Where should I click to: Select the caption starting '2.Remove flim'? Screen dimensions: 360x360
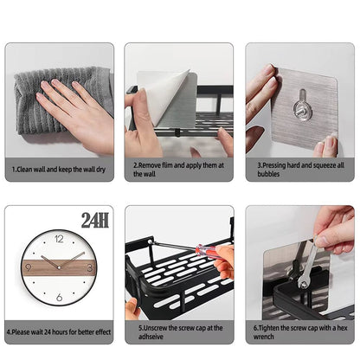point(179,168)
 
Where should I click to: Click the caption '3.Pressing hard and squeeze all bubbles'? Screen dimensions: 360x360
point(299,168)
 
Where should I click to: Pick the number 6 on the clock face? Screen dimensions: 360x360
point(59,297)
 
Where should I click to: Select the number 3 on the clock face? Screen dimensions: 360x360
point(91,266)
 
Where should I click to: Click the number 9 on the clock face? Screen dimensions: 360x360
point(28,266)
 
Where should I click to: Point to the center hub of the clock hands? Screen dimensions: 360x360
point(59,266)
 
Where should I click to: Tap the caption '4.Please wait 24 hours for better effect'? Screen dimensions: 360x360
point(59,330)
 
